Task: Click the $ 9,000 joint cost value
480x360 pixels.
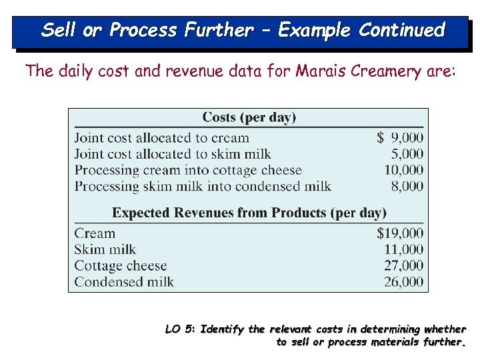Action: [x=400, y=138]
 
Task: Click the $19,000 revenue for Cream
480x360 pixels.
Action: [x=399, y=233]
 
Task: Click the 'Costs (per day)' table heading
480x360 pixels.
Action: [x=249, y=117]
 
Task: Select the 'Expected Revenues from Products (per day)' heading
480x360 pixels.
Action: [x=249, y=213]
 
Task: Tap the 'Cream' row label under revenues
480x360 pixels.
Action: [x=95, y=233]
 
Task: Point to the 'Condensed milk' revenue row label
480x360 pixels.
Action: [x=124, y=281]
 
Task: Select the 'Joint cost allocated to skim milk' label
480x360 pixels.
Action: [x=173, y=154]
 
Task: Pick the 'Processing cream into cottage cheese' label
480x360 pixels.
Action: [x=188, y=170]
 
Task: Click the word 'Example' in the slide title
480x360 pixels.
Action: [x=315, y=30]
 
